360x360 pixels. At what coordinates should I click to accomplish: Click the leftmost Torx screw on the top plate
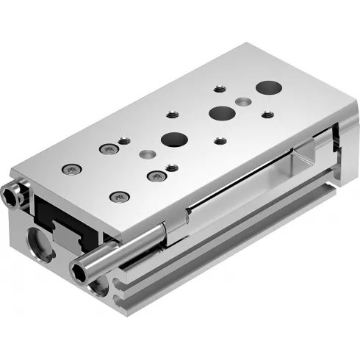point(71,170)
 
